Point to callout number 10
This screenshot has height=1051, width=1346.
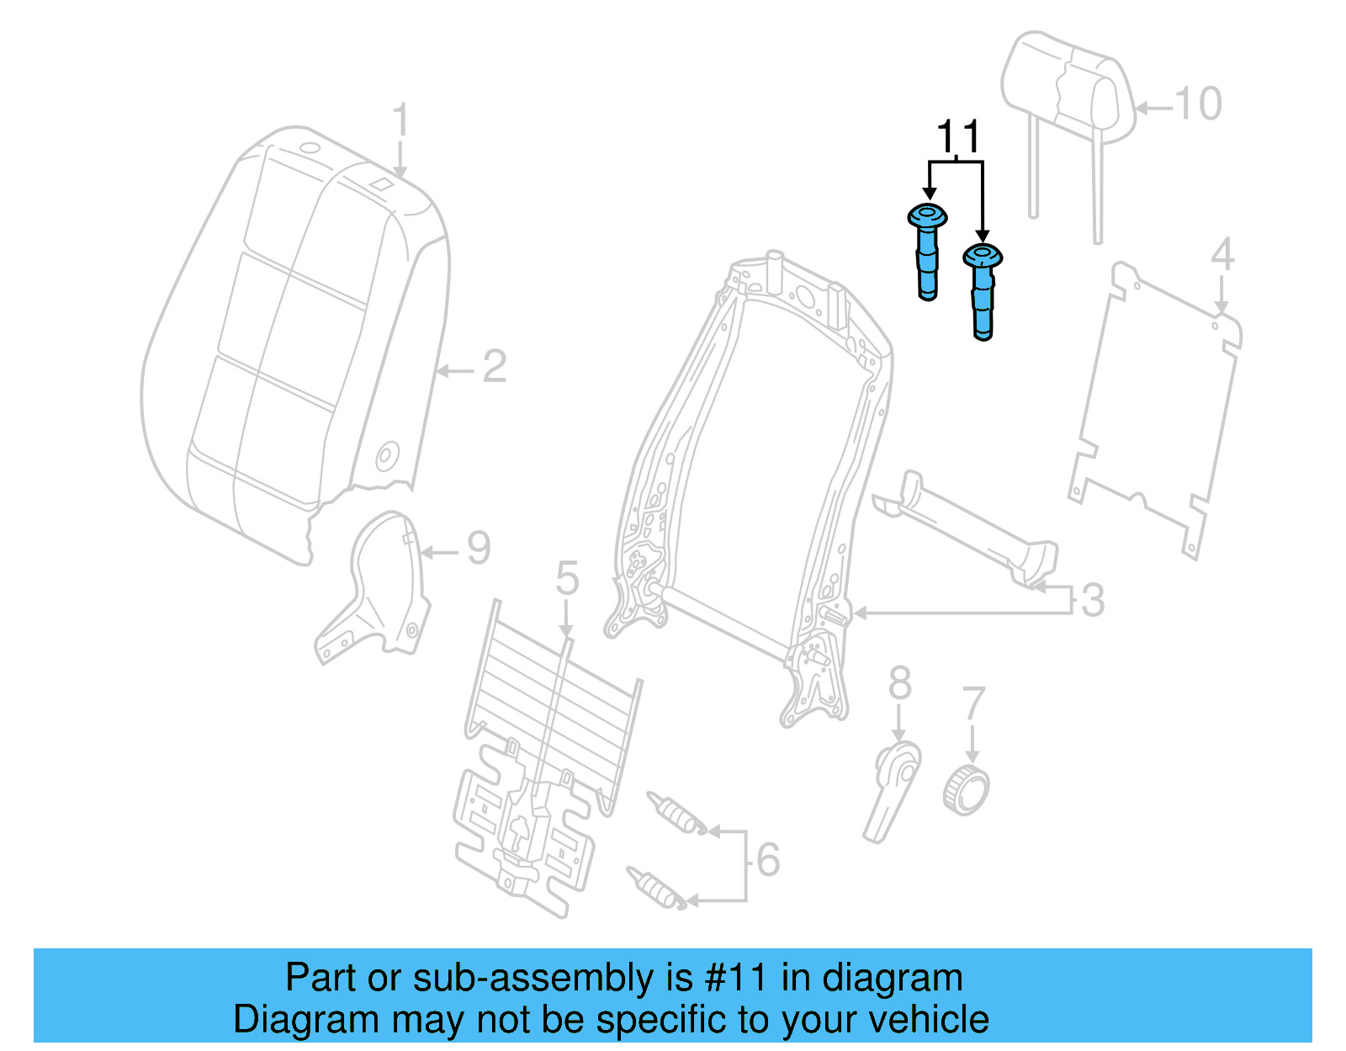[x=1198, y=104]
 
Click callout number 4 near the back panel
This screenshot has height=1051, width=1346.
[x=1221, y=254]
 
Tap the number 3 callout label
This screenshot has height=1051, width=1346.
[x=1092, y=600]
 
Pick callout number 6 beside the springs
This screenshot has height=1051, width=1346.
[x=767, y=859]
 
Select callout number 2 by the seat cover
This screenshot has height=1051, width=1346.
[x=495, y=367]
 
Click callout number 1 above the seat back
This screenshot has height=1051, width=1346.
[x=400, y=119]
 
